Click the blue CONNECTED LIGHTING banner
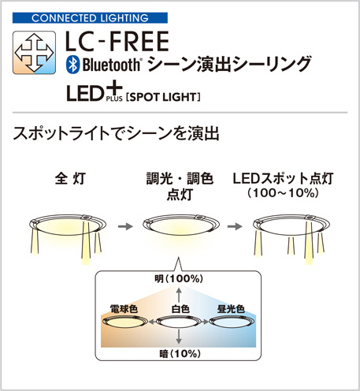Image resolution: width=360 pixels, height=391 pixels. coord(90,18)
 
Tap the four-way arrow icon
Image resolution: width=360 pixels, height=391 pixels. coord(34,53)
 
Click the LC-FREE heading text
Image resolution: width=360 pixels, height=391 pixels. coord(117,41)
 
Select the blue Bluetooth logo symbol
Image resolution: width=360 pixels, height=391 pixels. coord(72,65)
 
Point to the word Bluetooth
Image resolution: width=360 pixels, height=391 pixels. coord(112,65)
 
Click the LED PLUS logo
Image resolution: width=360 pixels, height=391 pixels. coord(95,92)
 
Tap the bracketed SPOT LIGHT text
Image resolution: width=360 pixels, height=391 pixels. coord(163,97)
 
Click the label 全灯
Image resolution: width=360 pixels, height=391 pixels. coord(70,179)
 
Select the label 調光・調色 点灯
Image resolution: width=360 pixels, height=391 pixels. coord(180,186)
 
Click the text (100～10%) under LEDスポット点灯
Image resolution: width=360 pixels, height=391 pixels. coord(283,193)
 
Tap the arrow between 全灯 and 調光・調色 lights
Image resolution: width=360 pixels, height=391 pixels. coord(125,226)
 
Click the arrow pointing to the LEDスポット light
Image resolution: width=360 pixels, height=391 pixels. coord(235,226)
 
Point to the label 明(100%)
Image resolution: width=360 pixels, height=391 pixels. coord(179,279)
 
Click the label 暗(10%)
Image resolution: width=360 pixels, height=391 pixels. coord(180,354)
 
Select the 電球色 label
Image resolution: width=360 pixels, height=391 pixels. coord(124,309)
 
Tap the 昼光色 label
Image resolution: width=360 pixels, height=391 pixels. coord(231,309)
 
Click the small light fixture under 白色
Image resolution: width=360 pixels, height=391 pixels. coord(179,322)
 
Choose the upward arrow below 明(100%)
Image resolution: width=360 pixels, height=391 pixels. coord(179,295)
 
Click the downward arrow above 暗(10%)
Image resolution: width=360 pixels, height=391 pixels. coord(179,337)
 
